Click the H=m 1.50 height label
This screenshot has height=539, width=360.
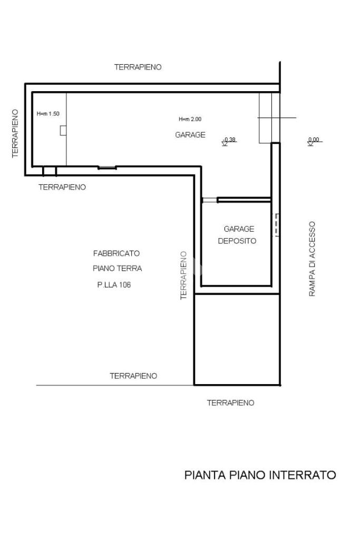click(48, 114)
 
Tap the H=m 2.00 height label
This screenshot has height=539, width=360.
click(190, 119)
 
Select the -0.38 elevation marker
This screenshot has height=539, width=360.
click(229, 141)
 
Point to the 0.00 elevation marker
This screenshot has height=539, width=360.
click(314, 141)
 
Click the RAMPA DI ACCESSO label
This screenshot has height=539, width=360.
click(312, 259)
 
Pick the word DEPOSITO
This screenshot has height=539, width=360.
click(237, 241)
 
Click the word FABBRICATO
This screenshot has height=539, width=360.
click(116, 253)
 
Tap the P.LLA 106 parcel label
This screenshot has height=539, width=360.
click(114, 285)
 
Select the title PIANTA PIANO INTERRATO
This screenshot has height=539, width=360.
click(260, 475)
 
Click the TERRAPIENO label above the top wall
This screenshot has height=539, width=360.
click(138, 67)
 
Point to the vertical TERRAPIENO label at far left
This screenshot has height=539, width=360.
click(15, 134)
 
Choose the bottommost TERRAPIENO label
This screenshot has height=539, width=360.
click(231, 403)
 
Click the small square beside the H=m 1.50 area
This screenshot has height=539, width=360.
click(63, 131)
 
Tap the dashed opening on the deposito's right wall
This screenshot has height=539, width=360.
click(277, 225)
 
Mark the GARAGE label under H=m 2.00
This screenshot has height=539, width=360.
click(190, 135)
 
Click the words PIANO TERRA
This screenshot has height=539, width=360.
click(117, 269)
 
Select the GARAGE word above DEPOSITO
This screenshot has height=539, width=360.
click(239, 229)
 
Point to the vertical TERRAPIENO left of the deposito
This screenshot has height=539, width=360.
click(183, 276)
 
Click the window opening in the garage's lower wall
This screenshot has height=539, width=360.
click(107, 168)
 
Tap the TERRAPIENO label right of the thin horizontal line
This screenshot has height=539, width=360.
click(133, 376)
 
